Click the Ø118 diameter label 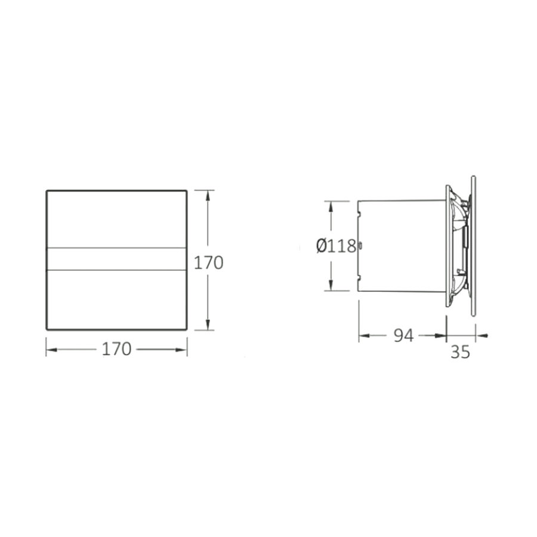coord(336,246)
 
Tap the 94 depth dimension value coord(403,336)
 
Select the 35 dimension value coord(460,352)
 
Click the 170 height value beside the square coord(210,262)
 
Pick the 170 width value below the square coord(116,350)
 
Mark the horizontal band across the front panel coord(116,259)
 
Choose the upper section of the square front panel coord(116,218)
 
